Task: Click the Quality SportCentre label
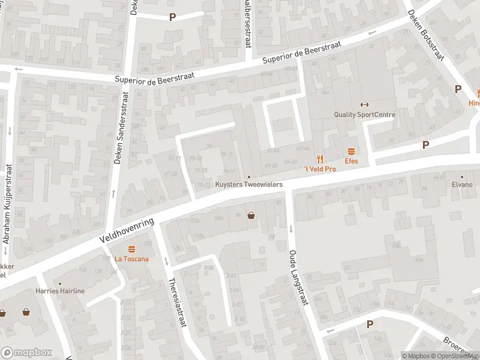pyautogui.click(x=364, y=115)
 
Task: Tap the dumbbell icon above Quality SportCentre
pyautogui.click(x=362, y=104)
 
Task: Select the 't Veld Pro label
pyautogui.click(x=319, y=169)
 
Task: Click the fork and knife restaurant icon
pyautogui.click(x=320, y=159)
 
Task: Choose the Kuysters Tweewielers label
pyautogui.click(x=249, y=185)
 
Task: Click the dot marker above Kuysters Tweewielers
pyautogui.click(x=249, y=176)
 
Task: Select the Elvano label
pyautogui.click(x=462, y=185)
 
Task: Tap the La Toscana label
pyautogui.click(x=131, y=259)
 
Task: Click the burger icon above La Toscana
pyautogui.click(x=131, y=249)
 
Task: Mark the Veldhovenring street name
pyautogui.click(x=127, y=231)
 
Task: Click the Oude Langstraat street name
pyautogui.click(x=298, y=278)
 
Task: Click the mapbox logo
pyautogui.click(x=26, y=353)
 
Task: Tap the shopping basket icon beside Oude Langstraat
pyautogui.click(x=251, y=215)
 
